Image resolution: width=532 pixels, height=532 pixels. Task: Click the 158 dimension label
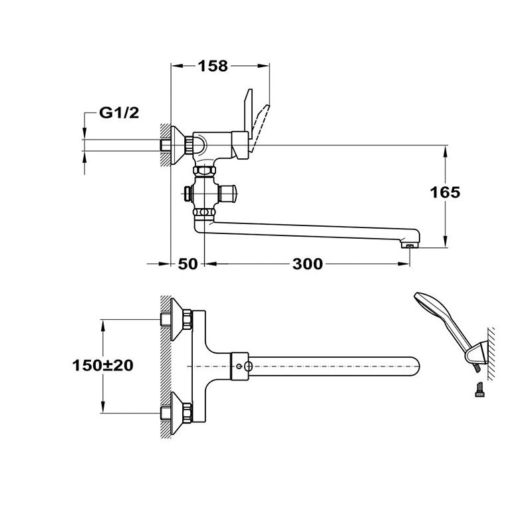pyautogui.click(x=213, y=66)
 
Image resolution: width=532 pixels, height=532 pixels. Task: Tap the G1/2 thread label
pyautogui.click(x=119, y=112)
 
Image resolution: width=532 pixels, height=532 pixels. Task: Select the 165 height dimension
pyautogui.click(x=445, y=192)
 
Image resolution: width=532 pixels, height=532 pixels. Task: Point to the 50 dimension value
pyautogui.click(x=188, y=263)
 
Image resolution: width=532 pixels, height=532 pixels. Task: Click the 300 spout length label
pyautogui.click(x=307, y=263)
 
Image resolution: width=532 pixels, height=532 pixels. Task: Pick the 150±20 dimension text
pyautogui.click(x=102, y=365)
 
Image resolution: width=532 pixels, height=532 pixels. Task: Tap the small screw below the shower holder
pyautogui.click(x=479, y=389)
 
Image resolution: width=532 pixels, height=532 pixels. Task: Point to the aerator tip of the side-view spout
pyautogui.click(x=409, y=245)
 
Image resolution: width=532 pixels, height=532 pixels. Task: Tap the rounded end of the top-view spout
pyautogui.click(x=416, y=366)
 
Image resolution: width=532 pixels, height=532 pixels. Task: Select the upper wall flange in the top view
pyautogui.click(x=176, y=319)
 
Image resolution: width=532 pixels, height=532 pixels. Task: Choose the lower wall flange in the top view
pyautogui.click(x=176, y=413)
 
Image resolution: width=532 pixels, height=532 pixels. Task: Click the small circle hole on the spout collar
pyautogui.click(x=240, y=366)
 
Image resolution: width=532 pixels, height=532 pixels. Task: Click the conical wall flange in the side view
pyautogui.click(x=177, y=145)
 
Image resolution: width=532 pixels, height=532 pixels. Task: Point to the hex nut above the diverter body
pyautogui.click(x=204, y=170)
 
